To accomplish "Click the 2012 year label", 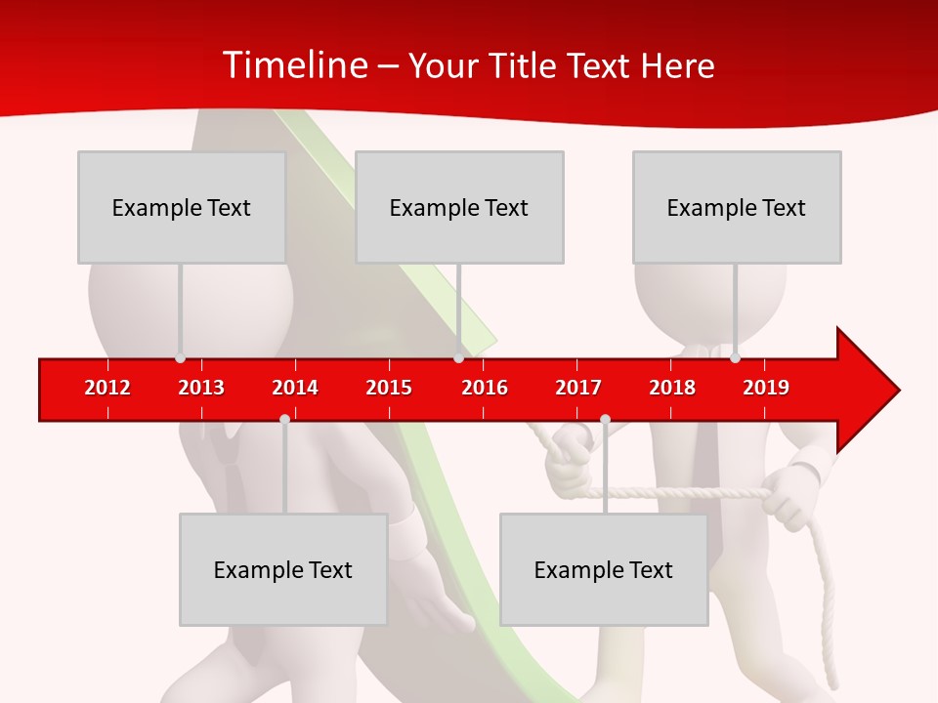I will (x=107, y=388).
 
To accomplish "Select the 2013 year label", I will (x=201, y=388).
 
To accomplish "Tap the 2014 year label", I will (x=295, y=388).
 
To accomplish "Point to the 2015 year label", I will (x=389, y=388).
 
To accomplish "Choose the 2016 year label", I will (x=485, y=388).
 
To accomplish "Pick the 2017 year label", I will (x=578, y=388).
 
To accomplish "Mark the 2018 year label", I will (x=672, y=388).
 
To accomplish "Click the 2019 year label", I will (x=766, y=388).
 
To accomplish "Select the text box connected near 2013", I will (x=182, y=207).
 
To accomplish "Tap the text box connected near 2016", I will (x=459, y=207).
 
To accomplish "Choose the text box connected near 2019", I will (x=737, y=207).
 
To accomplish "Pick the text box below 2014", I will (x=283, y=570).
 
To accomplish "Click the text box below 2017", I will (x=604, y=570).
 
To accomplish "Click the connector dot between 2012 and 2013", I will (x=180, y=358).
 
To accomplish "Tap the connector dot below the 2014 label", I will (x=284, y=419).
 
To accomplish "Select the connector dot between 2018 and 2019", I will (x=735, y=358).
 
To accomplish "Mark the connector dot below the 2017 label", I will (x=605, y=419).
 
